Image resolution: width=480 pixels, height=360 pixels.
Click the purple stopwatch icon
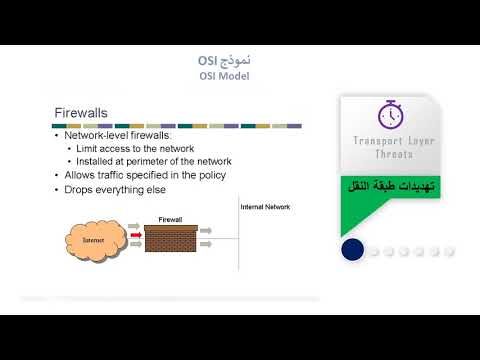coord(390,114)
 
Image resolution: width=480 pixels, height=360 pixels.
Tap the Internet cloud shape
coord(92,241)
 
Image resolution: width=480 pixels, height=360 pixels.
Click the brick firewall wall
coord(172,238)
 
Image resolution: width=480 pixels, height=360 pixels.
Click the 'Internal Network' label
coord(265,206)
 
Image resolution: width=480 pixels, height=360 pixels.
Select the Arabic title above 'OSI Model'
coord(224,61)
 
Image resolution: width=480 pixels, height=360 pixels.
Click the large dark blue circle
coord(352,250)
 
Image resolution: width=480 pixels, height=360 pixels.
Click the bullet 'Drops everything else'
coord(115,189)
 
